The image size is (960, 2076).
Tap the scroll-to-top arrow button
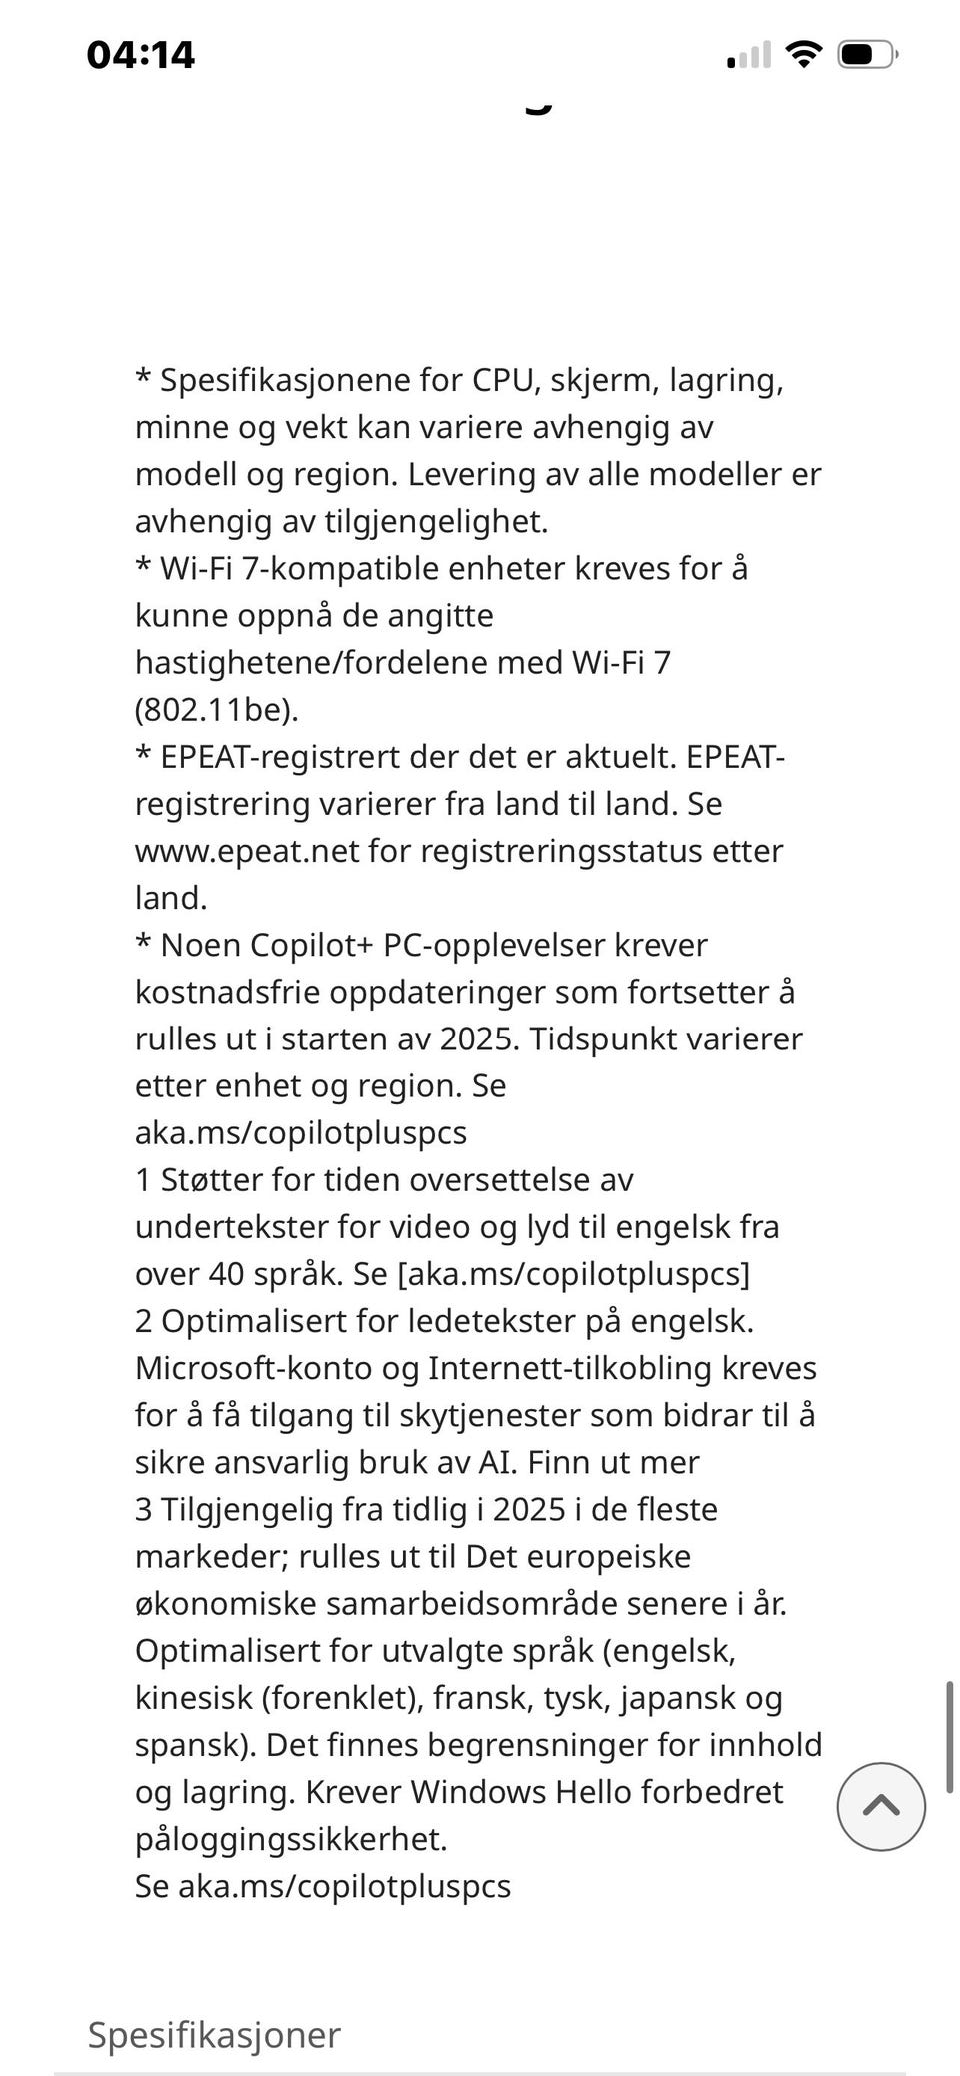click(881, 1806)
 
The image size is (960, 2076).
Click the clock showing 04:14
click(141, 54)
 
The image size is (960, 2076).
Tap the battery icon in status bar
click(867, 54)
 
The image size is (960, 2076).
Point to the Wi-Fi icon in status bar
click(802, 54)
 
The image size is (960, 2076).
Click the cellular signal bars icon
click(748, 54)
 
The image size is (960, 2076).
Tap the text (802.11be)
click(217, 710)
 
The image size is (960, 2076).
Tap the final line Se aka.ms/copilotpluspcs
click(323, 1886)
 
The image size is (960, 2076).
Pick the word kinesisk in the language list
click(193, 1697)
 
